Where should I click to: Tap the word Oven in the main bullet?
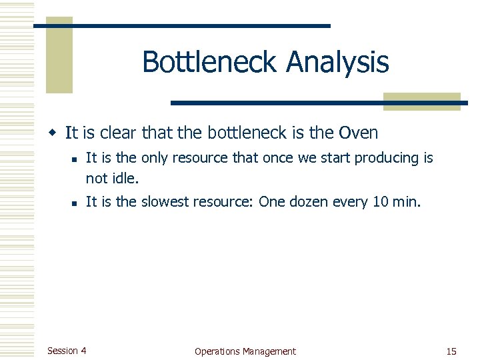[x=358, y=133]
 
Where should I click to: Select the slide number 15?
[x=451, y=351]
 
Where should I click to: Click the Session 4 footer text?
[x=67, y=351]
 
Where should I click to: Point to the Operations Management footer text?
[x=245, y=351]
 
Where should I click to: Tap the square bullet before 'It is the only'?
[x=77, y=159]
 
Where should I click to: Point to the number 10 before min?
[x=381, y=202]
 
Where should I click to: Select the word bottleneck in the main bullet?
[x=248, y=133]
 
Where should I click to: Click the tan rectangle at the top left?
[x=59, y=56]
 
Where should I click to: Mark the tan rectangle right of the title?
[x=422, y=101]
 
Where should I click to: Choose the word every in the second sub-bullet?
[x=351, y=203]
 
